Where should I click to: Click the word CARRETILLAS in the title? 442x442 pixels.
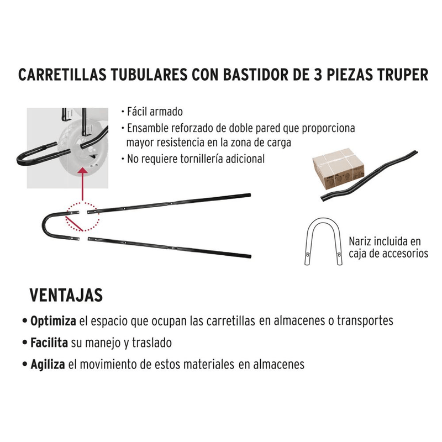(62, 75)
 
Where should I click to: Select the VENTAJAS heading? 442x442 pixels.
(66, 295)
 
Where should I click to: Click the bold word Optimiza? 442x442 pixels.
(53, 321)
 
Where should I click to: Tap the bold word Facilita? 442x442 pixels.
(49, 343)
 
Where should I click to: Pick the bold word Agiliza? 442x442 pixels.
(48, 365)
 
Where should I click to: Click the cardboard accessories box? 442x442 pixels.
(338, 169)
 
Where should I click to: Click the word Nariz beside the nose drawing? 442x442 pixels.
(360, 241)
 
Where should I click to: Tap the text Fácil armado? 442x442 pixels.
(155, 112)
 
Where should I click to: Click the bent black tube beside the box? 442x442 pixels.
(369, 176)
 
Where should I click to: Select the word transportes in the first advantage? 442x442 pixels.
(365, 321)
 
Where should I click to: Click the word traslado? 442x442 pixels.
(152, 343)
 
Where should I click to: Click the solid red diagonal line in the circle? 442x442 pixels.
(75, 224)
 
